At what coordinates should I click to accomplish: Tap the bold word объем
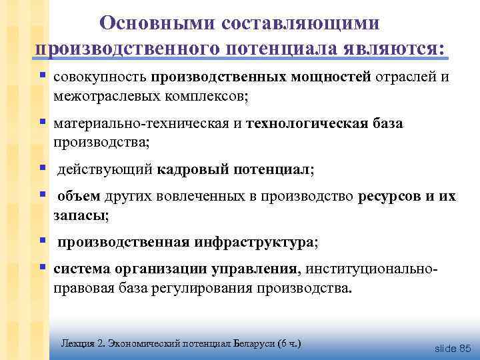coord(79,197)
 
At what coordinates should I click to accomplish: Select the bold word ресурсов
coord(389,197)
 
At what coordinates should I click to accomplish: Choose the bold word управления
coord(254,270)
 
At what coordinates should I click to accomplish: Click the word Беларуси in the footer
coord(250,343)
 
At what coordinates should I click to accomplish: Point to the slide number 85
coord(465,348)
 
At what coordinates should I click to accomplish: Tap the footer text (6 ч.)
coord(289,343)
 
